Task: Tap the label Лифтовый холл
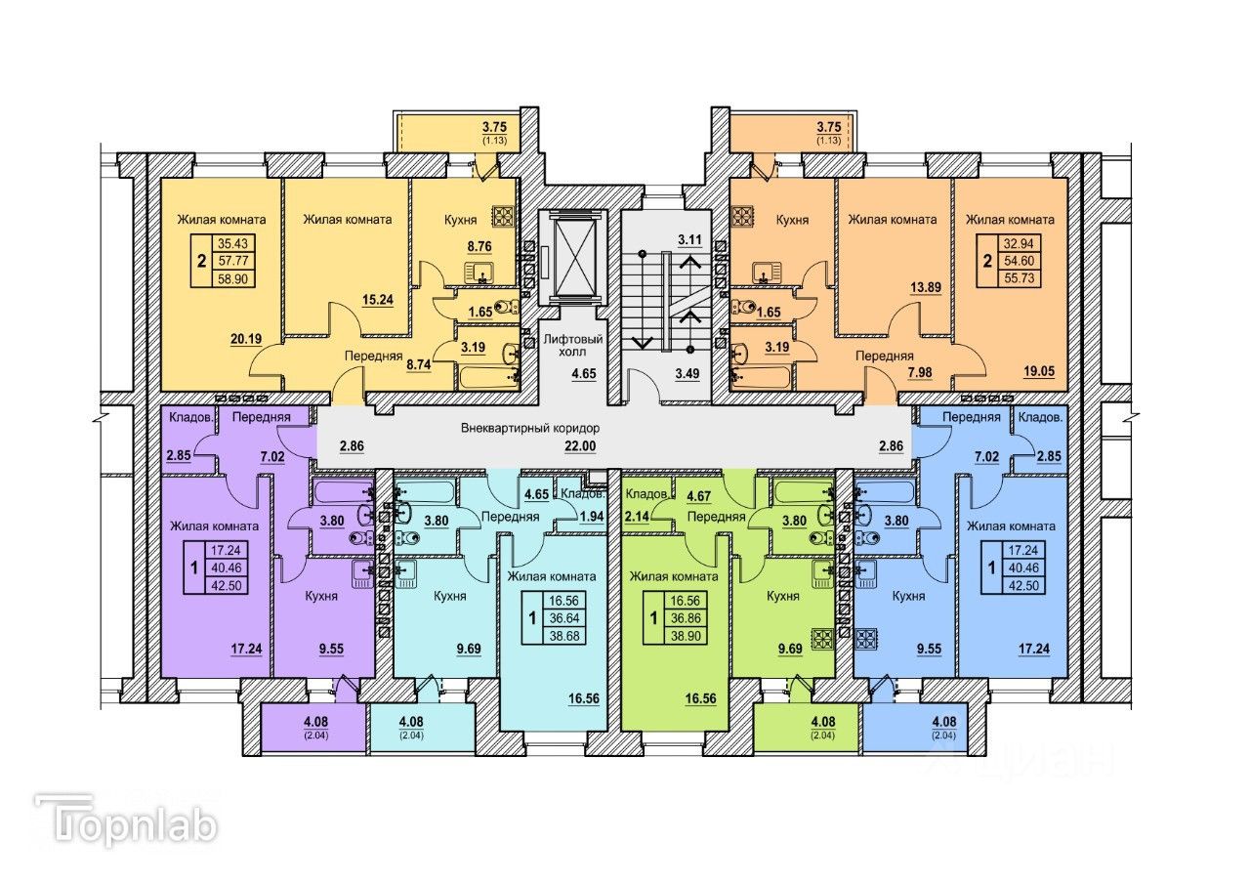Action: coord(572,347)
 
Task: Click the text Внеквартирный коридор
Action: coord(530,429)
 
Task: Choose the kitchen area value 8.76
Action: coord(478,248)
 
